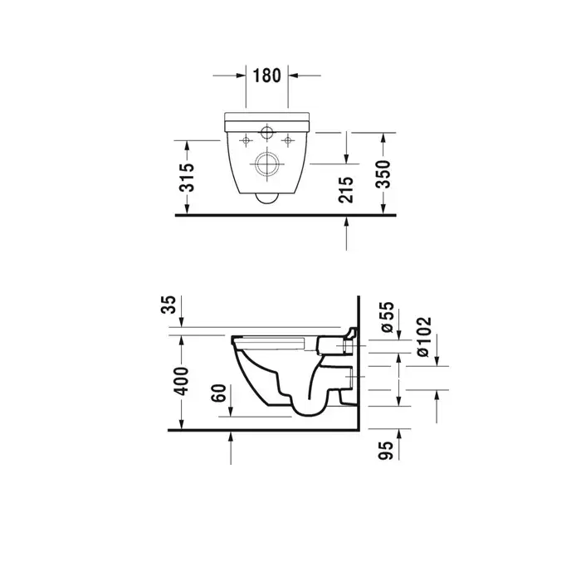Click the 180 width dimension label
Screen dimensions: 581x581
266,76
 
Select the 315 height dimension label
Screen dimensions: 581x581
187,178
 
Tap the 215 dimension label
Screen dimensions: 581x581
346,190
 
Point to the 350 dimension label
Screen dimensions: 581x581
383,174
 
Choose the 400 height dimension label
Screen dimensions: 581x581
182,380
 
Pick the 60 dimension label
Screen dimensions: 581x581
218,393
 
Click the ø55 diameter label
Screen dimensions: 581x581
387,317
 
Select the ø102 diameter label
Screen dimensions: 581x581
423,337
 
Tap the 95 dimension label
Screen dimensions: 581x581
385,450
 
